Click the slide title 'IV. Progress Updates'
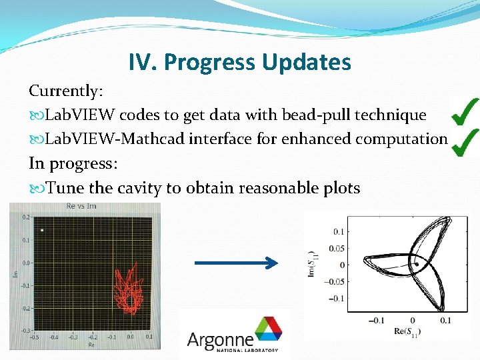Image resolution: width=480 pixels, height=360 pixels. (240, 63)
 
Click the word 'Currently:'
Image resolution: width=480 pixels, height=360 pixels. (64, 90)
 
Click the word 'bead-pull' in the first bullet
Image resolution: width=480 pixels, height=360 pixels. (283, 115)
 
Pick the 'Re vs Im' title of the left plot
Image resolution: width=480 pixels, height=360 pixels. (81, 206)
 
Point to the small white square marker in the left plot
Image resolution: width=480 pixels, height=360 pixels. (42, 231)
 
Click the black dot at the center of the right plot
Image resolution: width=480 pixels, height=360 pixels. (417, 264)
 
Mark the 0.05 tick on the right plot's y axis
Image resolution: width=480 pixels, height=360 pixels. (337, 248)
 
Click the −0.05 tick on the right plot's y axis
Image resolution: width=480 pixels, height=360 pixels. (335, 281)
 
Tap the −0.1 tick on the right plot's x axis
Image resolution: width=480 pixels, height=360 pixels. (378, 321)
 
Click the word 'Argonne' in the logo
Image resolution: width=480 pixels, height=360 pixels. (220, 339)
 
